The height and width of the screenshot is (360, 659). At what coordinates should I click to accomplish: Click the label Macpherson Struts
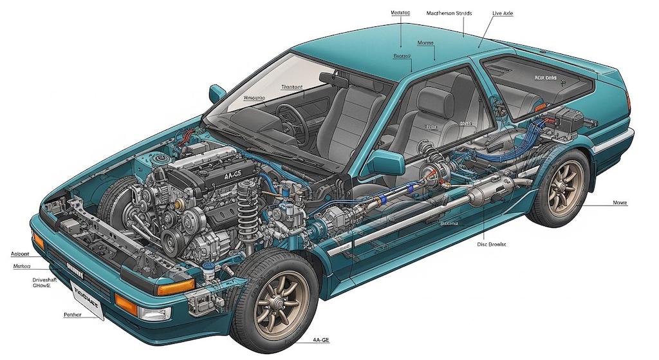[449, 13]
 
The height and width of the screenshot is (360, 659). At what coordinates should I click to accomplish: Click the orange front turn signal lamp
[174, 287]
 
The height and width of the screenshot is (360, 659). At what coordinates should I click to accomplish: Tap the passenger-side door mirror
[218, 92]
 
